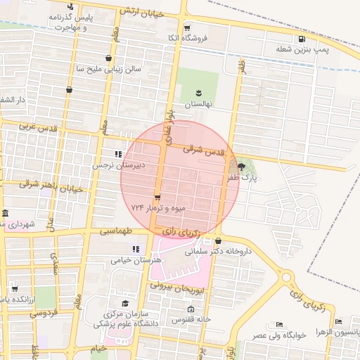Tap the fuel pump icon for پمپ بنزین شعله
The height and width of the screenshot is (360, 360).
pos(302,39)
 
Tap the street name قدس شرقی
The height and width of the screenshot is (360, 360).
pos(203,150)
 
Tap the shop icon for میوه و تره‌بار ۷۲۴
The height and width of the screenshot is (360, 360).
pos(157,197)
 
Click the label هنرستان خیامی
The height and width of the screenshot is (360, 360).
pos(136,259)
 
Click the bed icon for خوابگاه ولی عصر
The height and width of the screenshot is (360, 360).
pos(280,325)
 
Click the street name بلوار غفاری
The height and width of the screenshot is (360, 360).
pos(168,127)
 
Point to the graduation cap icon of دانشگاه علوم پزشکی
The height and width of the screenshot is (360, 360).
pos(125,303)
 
